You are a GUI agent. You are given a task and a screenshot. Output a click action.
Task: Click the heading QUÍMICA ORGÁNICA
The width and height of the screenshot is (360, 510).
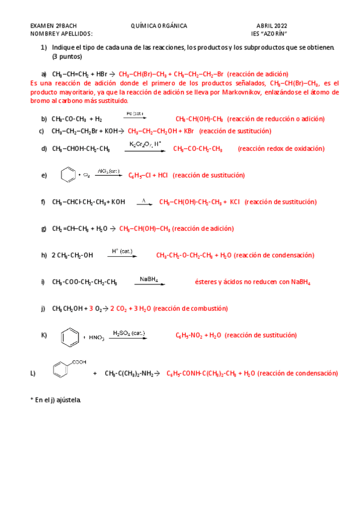[159, 26]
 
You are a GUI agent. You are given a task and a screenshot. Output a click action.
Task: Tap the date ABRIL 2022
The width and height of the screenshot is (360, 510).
[272, 26]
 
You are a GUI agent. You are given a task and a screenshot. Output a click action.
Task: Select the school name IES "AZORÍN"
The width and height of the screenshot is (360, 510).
[269, 34]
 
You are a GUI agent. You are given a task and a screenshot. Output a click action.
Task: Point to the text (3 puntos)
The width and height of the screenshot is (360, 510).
[67, 56]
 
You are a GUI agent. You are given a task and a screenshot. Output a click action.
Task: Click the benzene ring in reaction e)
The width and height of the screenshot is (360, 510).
[69, 176]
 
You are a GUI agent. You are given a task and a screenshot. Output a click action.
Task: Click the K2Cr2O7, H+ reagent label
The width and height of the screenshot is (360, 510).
[145, 144]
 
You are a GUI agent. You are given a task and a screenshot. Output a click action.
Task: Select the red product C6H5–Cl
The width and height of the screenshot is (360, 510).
[141, 176]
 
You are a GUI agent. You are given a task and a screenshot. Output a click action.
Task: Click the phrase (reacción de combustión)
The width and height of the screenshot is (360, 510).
[191, 309]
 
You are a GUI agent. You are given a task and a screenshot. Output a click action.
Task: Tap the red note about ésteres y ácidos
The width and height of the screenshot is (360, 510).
[252, 281]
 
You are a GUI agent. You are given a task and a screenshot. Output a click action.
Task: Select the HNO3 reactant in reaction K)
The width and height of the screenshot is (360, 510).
[97, 338]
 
